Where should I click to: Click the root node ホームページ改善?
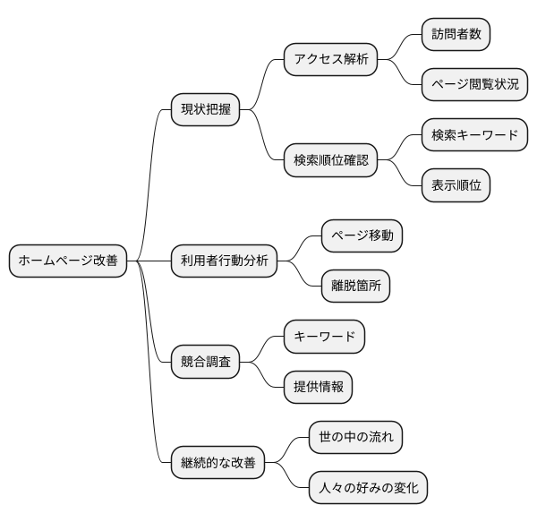tap(67, 261)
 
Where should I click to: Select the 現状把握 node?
tap(206, 110)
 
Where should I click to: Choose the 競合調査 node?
tap(206, 362)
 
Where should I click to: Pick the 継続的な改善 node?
tap(218, 463)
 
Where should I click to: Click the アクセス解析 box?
tap(329, 60)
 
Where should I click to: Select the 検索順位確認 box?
tap(329, 161)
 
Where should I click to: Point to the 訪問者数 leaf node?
tap(456, 35)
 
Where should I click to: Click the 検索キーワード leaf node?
tap(474, 135)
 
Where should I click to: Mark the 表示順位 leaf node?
tap(456, 186)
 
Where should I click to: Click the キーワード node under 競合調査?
tap(324, 337)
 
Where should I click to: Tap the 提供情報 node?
tap(318, 388)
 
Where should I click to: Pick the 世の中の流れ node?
tap(354, 438)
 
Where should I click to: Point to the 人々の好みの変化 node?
tap(367, 489)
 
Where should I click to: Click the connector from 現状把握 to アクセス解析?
tap(261, 85)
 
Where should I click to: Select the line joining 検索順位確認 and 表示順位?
tap(399, 175)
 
